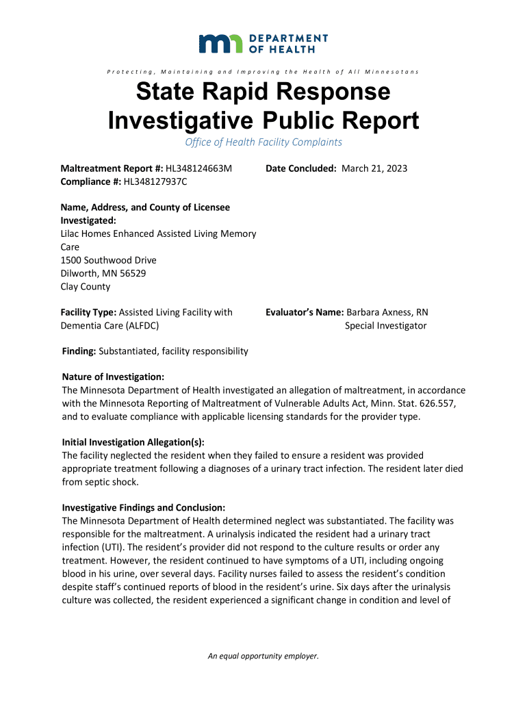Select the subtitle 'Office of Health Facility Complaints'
point(263,142)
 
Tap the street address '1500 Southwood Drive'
point(108,260)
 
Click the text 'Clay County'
point(86,287)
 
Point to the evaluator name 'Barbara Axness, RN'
point(387,312)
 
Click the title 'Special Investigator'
point(385,326)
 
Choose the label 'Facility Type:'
point(89,312)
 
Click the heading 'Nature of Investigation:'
point(113,377)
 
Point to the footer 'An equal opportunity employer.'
point(263,656)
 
